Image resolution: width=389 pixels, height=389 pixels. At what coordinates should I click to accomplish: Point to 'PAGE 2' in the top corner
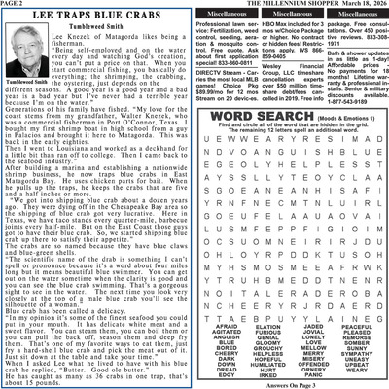pos(17,5)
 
